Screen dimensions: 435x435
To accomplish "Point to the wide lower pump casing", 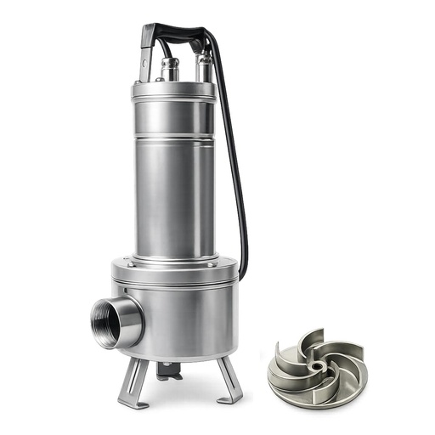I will tap(183, 319).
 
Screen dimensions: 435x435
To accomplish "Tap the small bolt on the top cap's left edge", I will tap(135, 88).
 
